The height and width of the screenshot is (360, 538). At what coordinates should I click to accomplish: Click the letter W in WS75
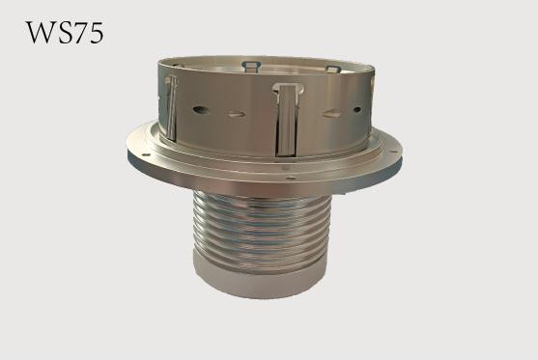(x=40, y=33)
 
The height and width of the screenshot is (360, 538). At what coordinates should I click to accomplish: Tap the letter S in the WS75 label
(x=63, y=33)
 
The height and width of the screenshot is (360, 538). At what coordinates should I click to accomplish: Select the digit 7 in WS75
(x=79, y=33)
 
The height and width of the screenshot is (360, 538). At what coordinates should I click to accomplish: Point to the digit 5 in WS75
(x=96, y=33)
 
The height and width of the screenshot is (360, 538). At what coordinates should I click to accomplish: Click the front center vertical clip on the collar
(x=288, y=119)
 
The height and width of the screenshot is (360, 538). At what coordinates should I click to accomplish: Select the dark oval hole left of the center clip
(x=201, y=110)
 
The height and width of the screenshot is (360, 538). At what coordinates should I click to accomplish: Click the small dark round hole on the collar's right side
(x=356, y=110)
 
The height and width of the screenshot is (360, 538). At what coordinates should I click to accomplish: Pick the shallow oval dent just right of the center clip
(x=332, y=114)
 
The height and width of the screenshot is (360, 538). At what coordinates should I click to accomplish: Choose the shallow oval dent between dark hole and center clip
(x=237, y=114)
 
